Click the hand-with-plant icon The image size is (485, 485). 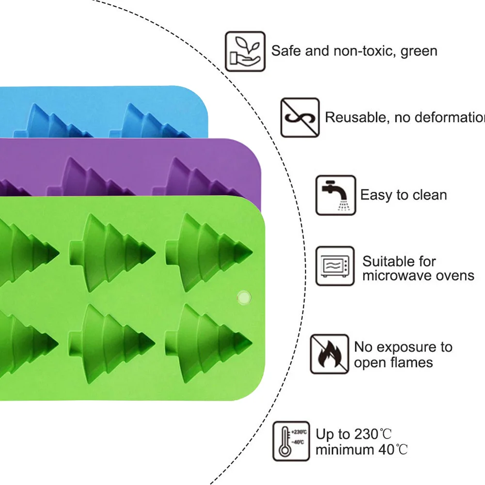pos(245,52)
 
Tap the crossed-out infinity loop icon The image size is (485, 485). pos(300,117)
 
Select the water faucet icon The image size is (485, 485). pos(336,195)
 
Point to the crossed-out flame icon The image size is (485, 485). pos(329,354)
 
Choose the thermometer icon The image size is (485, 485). pos(291,441)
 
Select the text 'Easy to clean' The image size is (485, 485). pos(404,195)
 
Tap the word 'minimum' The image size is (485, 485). pos(344,450)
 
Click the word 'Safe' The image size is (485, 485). pos(286,51)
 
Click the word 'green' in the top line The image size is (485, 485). pos(419,51)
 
